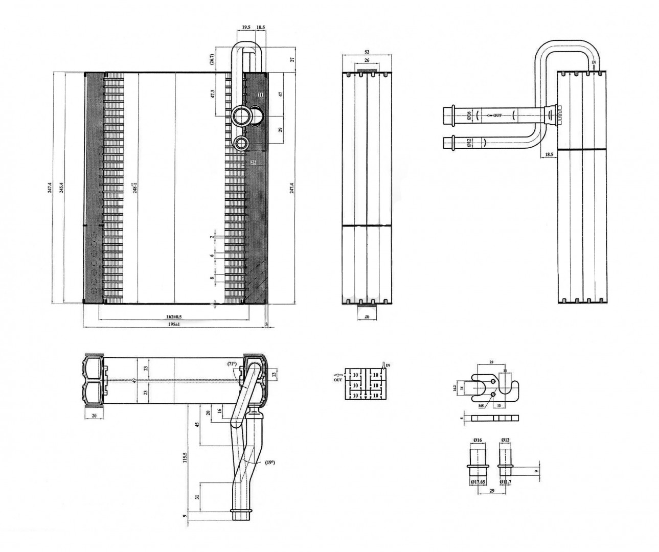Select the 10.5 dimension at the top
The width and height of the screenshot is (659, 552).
tap(261, 27)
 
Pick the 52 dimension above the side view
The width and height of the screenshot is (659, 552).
tap(367, 52)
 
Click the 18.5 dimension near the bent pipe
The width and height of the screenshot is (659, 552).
tap(549, 154)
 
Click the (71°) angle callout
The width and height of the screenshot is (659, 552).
tap(232, 364)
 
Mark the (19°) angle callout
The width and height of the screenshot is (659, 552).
tap(270, 463)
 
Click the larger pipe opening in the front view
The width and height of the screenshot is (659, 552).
tap(241, 116)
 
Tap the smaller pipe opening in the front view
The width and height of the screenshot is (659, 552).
tap(241, 143)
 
